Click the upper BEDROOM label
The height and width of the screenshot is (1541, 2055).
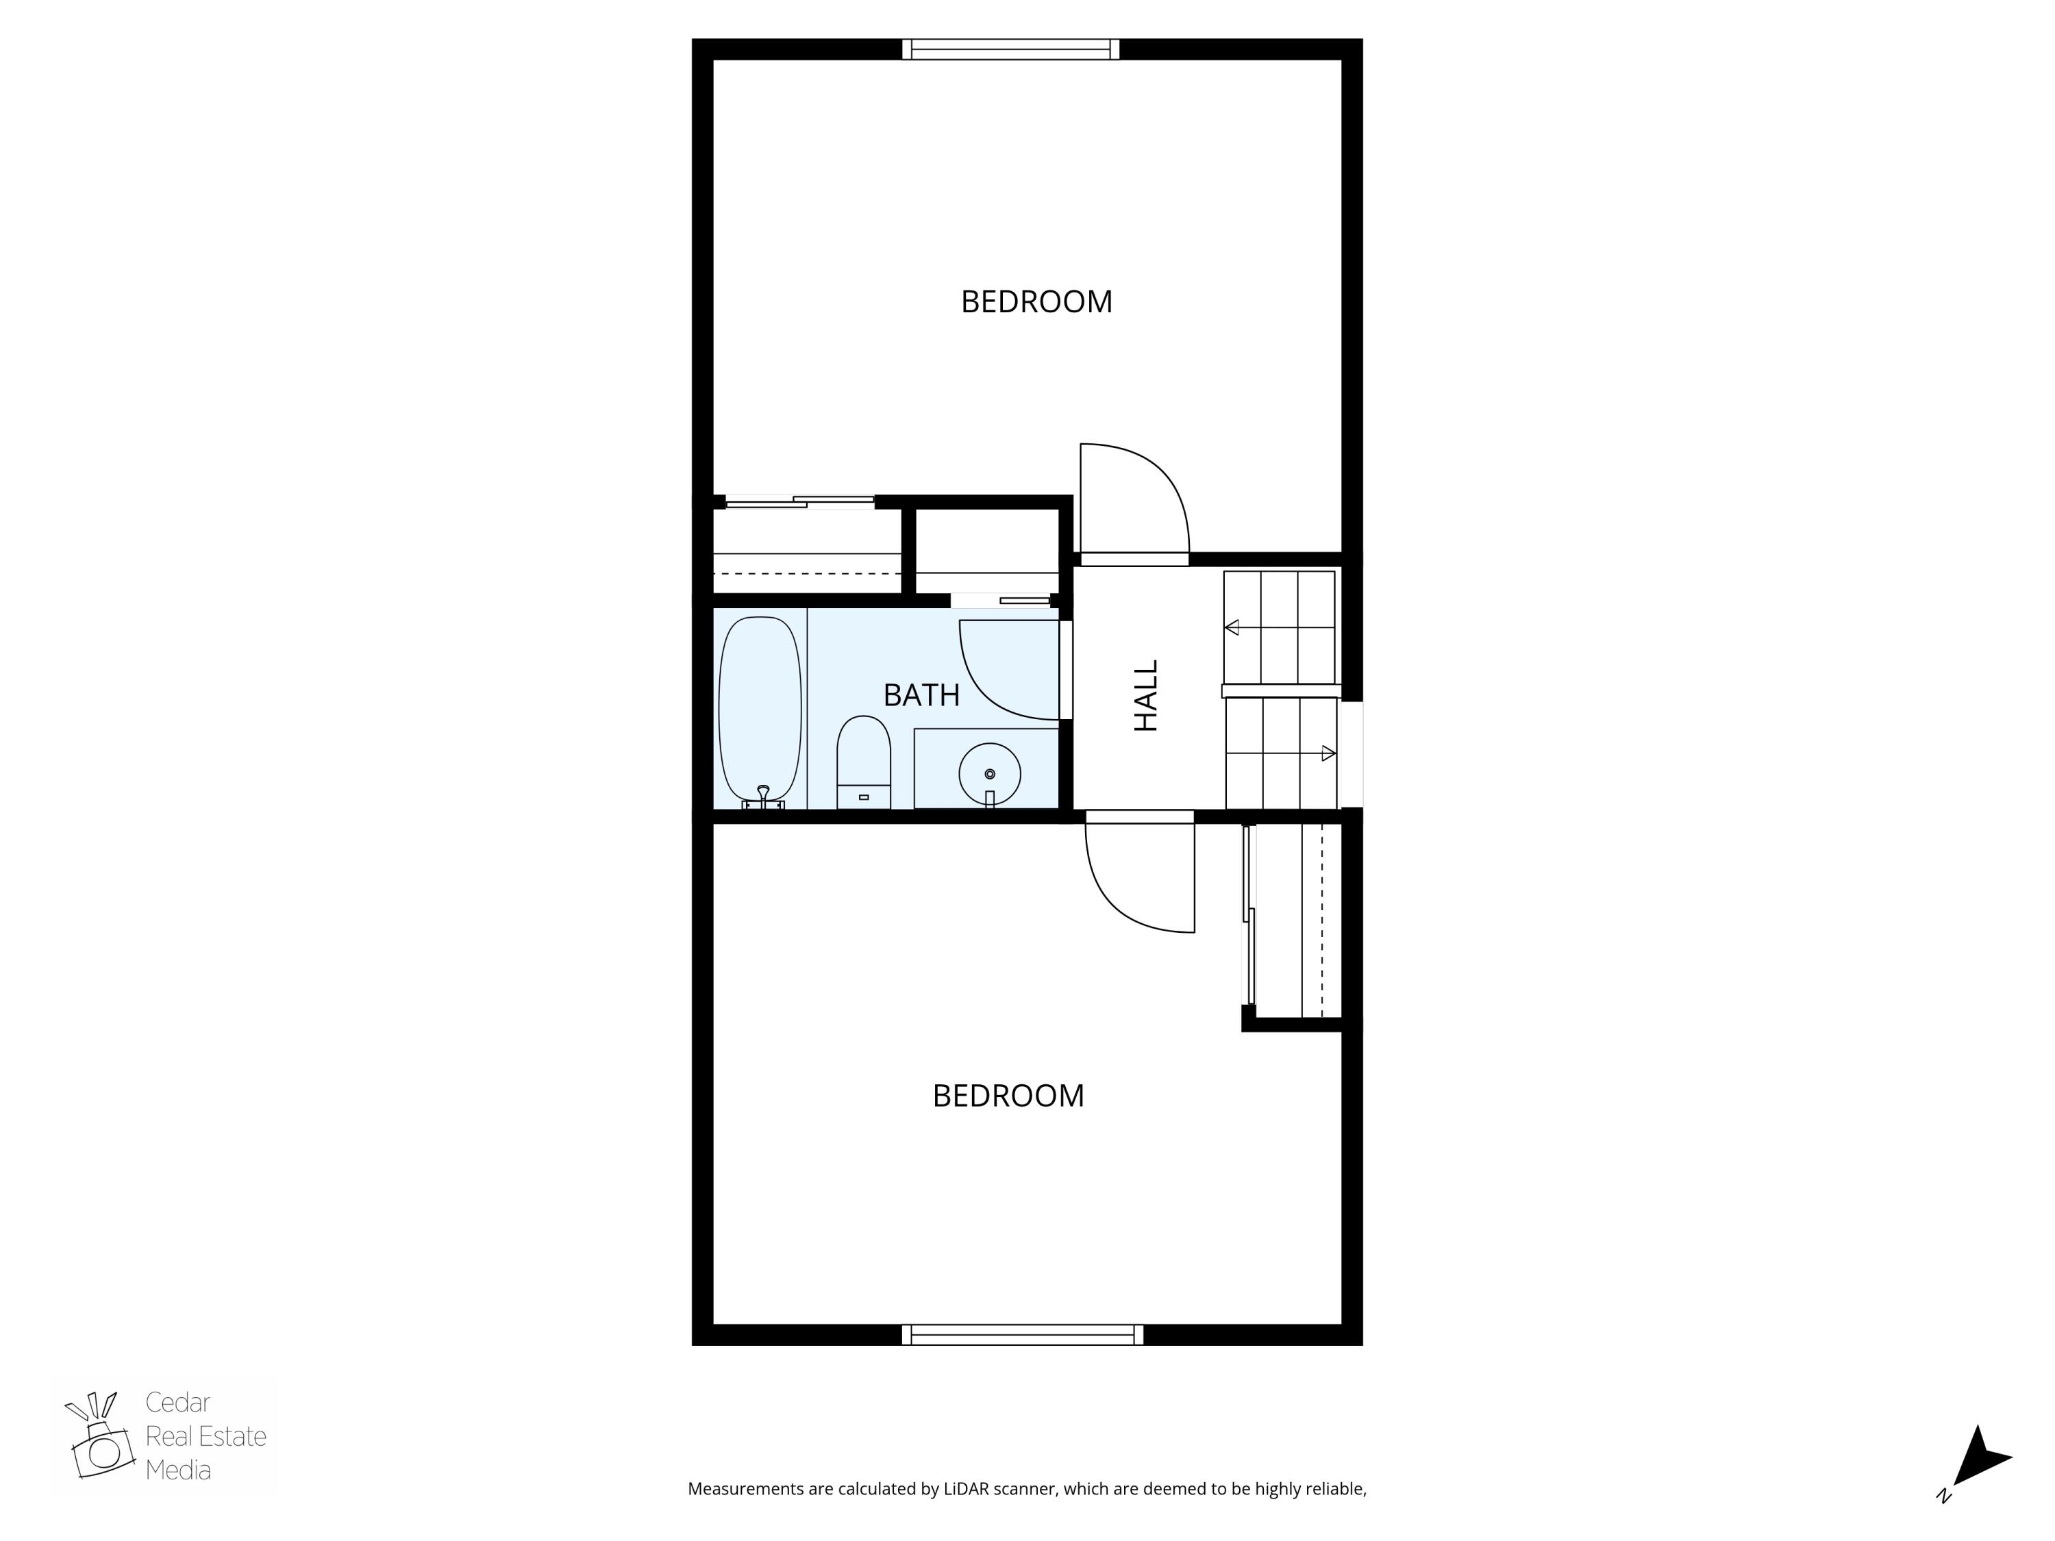(x=1036, y=302)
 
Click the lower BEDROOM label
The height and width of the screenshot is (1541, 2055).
(x=1008, y=1096)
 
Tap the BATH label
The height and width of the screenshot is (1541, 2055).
(x=921, y=694)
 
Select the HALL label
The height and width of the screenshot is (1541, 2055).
(x=1147, y=696)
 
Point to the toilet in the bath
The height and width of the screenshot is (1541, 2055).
(x=863, y=762)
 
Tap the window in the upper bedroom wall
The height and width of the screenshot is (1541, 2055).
(x=1011, y=49)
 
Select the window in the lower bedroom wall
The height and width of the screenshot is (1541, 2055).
(x=1022, y=1335)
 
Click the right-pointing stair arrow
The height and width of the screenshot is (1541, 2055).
(x=1328, y=753)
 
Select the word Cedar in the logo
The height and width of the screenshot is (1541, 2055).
(x=177, y=1403)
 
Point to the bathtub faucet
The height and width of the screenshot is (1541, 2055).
(x=762, y=795)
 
